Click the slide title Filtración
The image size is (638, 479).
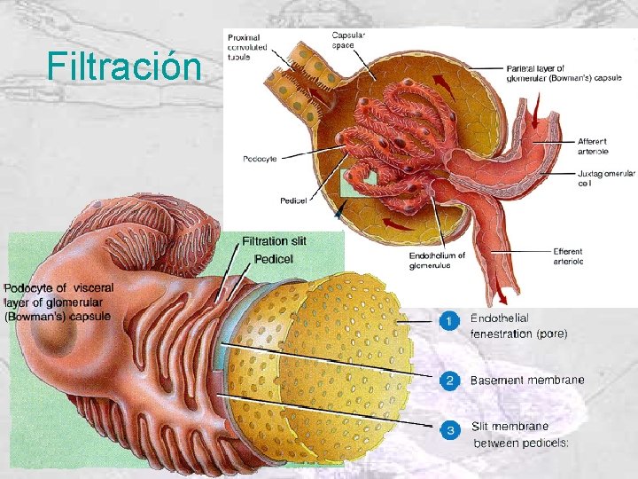[x=124, y=65]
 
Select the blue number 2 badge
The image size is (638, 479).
[x=450, y=381]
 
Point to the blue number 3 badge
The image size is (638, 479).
[x=450, y=430]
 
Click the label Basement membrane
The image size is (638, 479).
[x=527, y=381]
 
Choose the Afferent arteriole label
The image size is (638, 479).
[x=593, y=146]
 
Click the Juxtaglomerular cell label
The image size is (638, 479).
[x=606, y=178]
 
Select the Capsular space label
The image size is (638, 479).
[x=348, y=39]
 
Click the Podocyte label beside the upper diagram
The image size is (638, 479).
[x=260, y=159]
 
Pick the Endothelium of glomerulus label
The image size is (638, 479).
[x=437, y=259]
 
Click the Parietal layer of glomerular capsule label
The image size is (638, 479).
[x=564, y=72]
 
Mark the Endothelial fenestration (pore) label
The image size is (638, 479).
[x=518, y=326]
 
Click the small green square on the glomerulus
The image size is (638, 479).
[x=359, y=184]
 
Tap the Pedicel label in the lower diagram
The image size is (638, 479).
[x=274, y=258]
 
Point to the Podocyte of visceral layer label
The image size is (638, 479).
[x=58, y=302]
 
